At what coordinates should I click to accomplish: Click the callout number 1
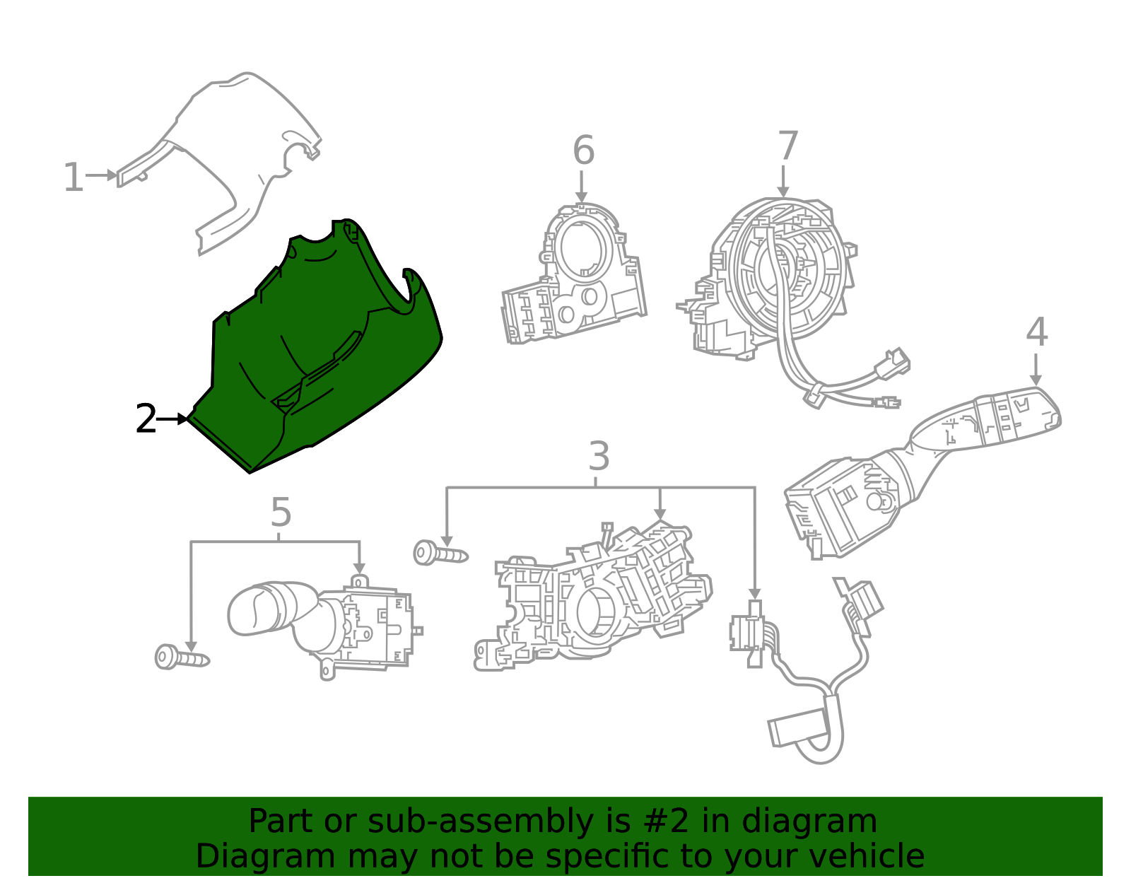coord(73,177)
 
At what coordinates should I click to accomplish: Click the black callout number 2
coord(146,420)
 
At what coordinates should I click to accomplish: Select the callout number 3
coord(598,457)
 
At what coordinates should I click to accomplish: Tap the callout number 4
coord(1036,332)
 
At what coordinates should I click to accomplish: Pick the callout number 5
coord(281,513)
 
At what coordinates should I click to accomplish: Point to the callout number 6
coord(583,151)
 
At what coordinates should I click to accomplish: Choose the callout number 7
coord(787,146)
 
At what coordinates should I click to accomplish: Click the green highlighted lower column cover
coord(318,353)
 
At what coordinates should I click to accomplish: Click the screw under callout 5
coord(181,657)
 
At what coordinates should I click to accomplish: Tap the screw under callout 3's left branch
coord(440,554)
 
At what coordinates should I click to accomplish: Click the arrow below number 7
coord(783,182)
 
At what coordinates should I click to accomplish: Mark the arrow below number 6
coord(581,188)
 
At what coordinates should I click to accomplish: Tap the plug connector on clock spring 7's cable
coord(892,363)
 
